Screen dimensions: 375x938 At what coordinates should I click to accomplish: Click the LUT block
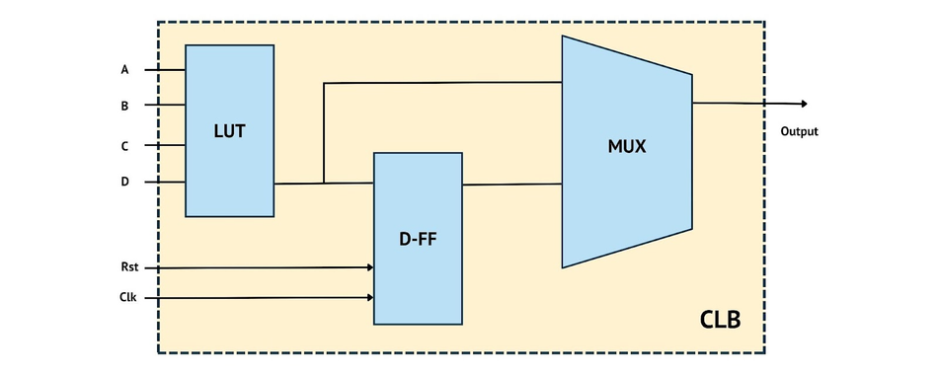click(229, 130)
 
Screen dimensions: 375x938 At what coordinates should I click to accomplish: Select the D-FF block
click(417, 238)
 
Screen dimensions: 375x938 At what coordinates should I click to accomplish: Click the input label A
click(124, 70)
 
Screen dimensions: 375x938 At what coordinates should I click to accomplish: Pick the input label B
click(124, 105)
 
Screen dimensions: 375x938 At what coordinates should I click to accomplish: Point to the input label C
click(124, 146)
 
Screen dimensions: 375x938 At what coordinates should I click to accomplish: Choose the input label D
click(124, 182)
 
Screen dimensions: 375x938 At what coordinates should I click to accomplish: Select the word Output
click(799, 131)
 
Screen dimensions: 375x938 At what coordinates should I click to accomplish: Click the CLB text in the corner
click(719, 321)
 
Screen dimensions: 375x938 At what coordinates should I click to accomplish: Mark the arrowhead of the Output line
click(804, 104)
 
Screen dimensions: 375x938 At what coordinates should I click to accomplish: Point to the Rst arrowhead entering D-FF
click(369, 266)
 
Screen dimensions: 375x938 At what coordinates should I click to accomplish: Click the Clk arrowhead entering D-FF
click(369, 297)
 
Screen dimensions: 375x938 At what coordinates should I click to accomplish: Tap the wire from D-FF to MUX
click(511, 185)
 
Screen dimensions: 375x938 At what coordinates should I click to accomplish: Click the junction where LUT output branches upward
click(324, 183)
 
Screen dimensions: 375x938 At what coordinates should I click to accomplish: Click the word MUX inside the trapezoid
click(626, 147)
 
